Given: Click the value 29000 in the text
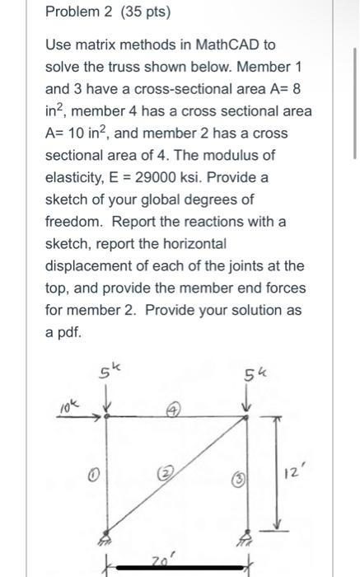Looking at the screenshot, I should tap(154, 176).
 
